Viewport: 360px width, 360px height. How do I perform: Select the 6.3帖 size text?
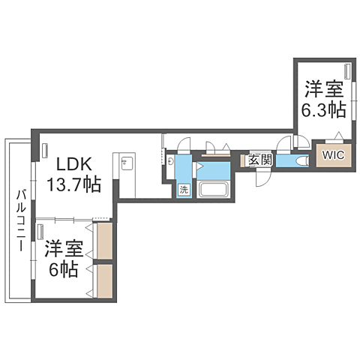click(x=323, y=110)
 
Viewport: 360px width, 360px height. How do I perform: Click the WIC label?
click(x=333, y=155)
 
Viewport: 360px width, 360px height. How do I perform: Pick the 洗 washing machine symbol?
click(x=184, y=189)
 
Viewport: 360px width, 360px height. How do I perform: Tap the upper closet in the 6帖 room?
click(x=105, y=240)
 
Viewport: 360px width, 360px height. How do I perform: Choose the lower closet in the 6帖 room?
click(x=105, y=281)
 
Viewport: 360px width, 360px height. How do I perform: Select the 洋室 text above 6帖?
click(x=61, y=248)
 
